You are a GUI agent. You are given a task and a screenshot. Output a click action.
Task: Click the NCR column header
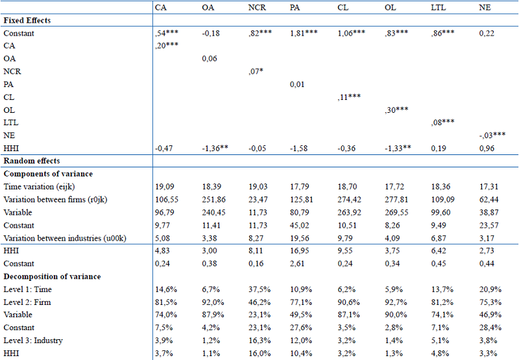pos(258,8)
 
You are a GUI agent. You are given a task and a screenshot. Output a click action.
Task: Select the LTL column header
pos(439,8)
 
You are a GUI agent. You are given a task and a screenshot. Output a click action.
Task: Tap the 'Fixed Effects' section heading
pos(27,20)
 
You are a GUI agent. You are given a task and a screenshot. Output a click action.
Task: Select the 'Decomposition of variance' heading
pos(52,276)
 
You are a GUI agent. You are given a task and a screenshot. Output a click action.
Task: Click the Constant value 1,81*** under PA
pos(304,33)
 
